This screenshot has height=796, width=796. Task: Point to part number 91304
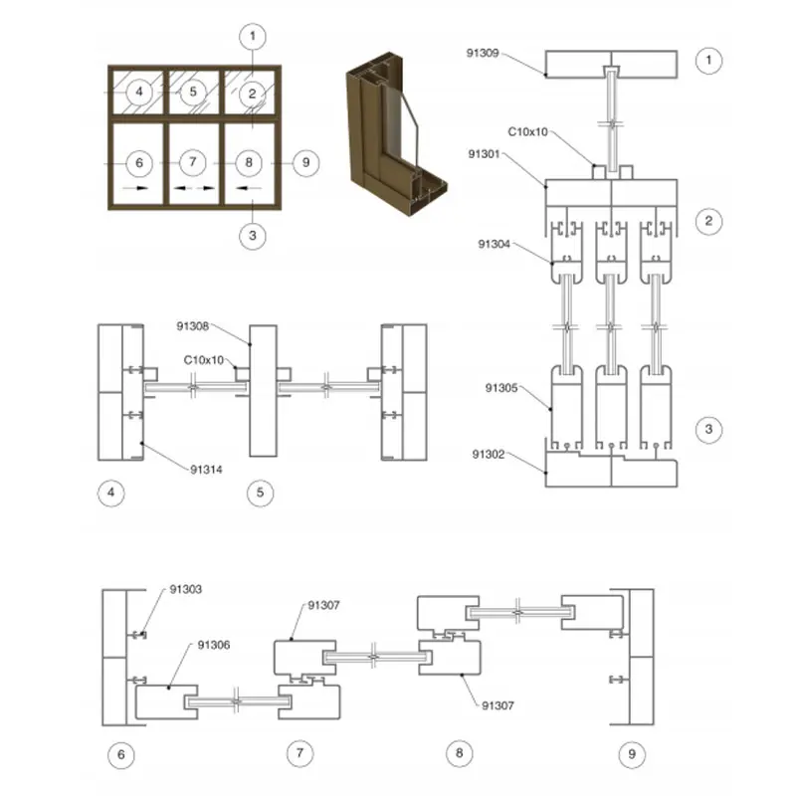pos(496,243)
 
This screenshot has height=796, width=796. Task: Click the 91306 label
pos(215,646)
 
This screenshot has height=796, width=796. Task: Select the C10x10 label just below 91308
pos(205,359)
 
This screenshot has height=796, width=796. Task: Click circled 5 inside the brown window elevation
pos(194,92)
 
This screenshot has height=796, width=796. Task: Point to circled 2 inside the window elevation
pos(253,93)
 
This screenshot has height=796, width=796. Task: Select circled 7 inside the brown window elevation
pos(194,161)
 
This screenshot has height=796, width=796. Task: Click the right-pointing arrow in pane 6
pos(137,186)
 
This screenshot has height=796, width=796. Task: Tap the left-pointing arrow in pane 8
pos(249,186)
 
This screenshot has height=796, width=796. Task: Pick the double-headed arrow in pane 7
pos(194,186)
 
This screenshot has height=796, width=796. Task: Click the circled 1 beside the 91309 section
pos(707,61)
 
